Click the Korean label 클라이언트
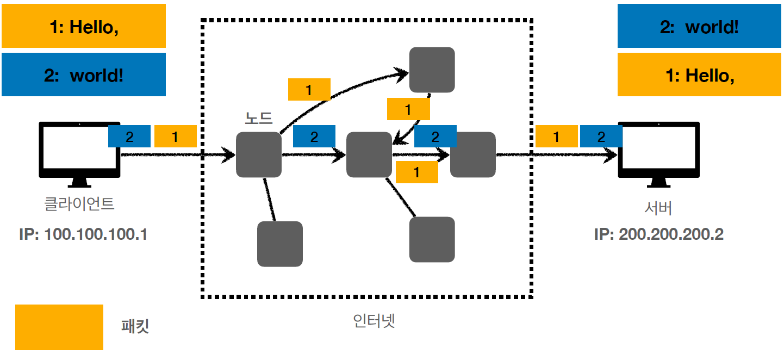tap(79, 204)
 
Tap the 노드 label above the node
tap(259, 119)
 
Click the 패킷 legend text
tap(135, 326)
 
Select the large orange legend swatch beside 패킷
tap(59, 327)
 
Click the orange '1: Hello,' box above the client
tap(84, 27)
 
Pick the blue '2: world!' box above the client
tap(84, 75)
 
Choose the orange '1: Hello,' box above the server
tap(699, 75)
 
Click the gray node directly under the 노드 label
tap(259, 154)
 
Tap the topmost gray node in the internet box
tap(432, 70)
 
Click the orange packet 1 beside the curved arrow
tap(309, 90)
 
